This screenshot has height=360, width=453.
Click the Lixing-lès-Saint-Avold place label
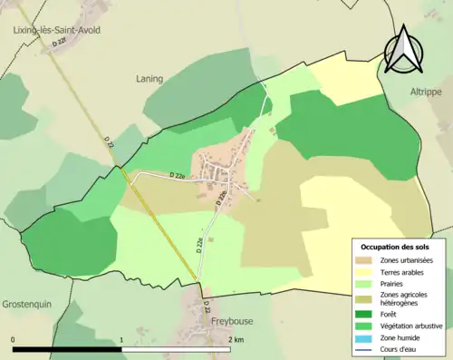click(56, 30)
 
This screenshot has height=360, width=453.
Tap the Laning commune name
click(149, 79)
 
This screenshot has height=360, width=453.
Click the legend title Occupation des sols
click(395, 247)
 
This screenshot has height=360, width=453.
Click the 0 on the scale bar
click(13, 340)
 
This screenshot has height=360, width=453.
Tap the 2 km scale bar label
click(236, 340)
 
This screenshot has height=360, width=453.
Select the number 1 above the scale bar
click(122, 340)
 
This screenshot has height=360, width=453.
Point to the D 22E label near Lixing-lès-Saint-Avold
click(61, 43)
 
